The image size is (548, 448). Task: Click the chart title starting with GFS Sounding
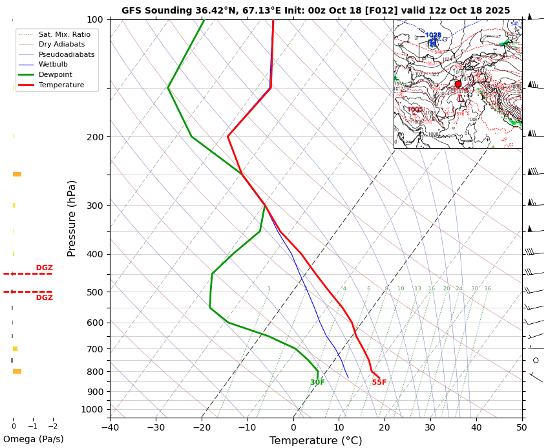315,10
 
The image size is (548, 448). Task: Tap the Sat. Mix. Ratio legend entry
64,34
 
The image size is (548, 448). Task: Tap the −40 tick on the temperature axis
110,427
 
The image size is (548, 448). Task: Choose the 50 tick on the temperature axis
522,427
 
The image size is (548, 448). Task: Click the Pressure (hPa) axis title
72,218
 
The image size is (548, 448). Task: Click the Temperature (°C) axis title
315,441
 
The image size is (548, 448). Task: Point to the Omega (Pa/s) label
33,439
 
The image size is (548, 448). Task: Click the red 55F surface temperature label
379,383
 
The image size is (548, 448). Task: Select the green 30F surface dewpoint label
317,383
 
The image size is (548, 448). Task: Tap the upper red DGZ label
44,268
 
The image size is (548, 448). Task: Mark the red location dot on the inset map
458,84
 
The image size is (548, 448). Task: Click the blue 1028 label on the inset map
433,36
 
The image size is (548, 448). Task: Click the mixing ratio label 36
487,289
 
